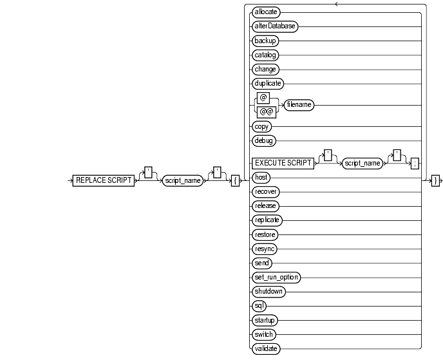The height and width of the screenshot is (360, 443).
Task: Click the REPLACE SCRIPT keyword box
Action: pyautogui.click(x=104, y=181)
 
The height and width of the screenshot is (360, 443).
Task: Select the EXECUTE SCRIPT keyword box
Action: pyautogui.click(x=281, y=164)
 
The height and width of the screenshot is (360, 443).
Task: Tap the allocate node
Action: pyautogui.click(x=267, y=12)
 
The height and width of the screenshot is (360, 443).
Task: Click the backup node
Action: pyautogui.click(x=265, y=40)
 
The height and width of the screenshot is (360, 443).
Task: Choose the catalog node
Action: pyautogui.click(x=265, y=54)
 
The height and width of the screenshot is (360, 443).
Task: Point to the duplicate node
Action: pyautogui.click(x=268, y=82)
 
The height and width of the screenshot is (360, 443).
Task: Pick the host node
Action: pyautogui.click(x=261, y=176)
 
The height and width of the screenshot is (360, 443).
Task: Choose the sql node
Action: pyautogui.click(x=259, y=305)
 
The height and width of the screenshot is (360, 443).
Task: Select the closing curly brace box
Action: pyautogui.click(x=435, y=181)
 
